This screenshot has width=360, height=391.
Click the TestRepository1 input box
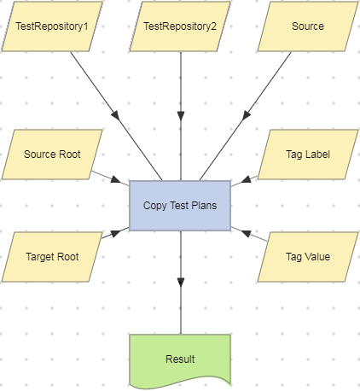[52, 26]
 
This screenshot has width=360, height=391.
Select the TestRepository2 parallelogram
[180, 26]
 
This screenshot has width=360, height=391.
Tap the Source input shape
[307, 26]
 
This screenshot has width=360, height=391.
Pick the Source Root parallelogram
[52, 155]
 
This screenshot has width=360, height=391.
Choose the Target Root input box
[52, 256]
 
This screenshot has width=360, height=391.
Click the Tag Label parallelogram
[307, 155]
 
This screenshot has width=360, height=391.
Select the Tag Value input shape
[307, 256]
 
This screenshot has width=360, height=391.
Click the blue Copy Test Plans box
[180, 206]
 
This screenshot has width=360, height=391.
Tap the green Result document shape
[180, 359]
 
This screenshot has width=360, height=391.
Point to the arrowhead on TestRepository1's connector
[115, 115]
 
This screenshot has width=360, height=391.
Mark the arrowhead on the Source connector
[246, 115]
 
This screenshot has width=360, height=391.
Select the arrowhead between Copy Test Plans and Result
[180, 282]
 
